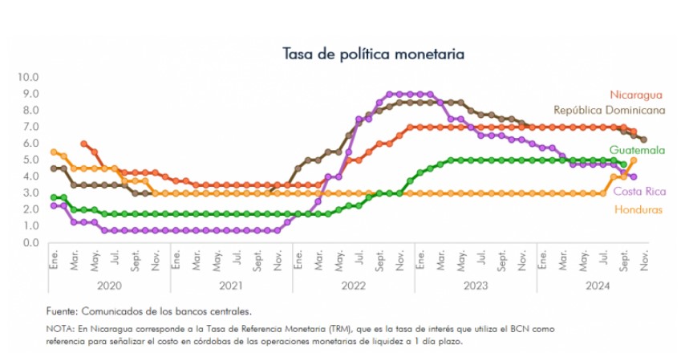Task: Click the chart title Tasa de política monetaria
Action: [374, 54]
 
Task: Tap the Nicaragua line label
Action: [637, 95]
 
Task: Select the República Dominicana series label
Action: [610, 110]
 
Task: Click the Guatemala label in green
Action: [637, 150]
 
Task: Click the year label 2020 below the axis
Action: [109, 284]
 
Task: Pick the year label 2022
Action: [353, 284]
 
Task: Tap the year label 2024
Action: [598, 284]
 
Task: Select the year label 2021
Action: [231, 284]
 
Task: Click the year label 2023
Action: [476, 284]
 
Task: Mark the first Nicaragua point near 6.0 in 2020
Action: [84, 144]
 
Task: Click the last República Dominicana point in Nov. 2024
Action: [643, 140]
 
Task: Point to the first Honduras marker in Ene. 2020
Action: [54, 152]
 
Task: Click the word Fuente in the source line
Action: [63, 310]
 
